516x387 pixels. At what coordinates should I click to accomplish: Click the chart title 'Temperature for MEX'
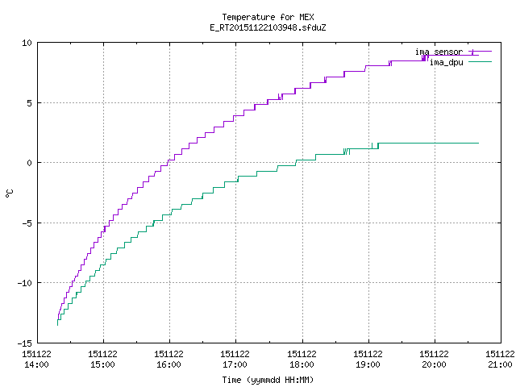coord(268,17)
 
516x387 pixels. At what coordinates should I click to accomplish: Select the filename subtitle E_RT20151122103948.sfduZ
coord(268,27)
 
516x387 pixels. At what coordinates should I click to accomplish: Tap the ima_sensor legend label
coord(439,52)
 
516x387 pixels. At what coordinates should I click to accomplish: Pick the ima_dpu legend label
coord(447,62)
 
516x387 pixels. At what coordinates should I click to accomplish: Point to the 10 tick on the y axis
coord(27,43)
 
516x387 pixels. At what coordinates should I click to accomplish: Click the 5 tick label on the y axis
coord(30,103)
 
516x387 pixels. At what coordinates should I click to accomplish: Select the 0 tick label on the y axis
coord(30,163)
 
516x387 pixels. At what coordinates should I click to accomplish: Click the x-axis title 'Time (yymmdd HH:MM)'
coord(268,380)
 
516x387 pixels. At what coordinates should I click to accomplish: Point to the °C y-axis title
coord(9,193)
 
